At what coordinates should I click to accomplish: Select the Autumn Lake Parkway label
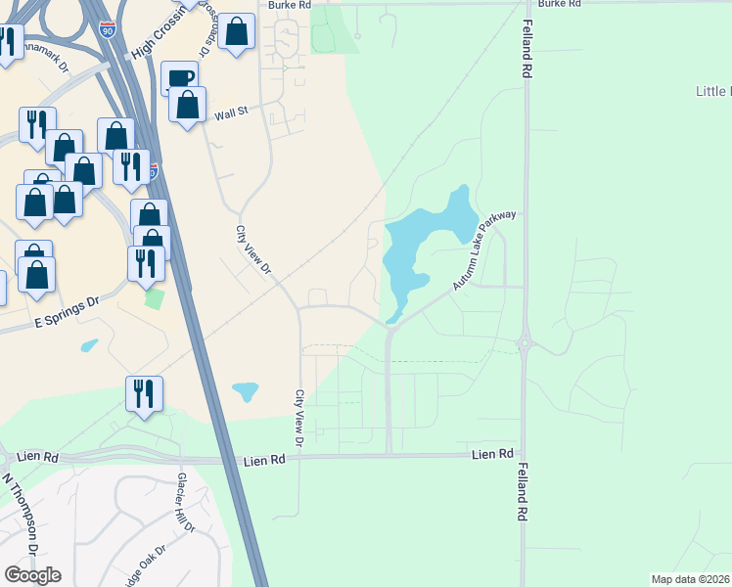click(x=483, y=250)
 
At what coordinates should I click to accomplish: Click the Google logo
click(x=32, y=574)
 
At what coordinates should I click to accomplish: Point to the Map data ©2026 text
click(x=691, y=579)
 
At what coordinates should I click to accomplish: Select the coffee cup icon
click(x=180, y=78)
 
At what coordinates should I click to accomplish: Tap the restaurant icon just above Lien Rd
click(x=145, y=393)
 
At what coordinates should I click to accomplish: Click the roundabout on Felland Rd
click(x=525, y=343)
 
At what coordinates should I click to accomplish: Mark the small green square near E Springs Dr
click(x=154, y=297)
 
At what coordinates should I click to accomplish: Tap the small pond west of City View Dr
click(x=245, y=392)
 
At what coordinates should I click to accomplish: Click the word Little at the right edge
click(x=712, y=92)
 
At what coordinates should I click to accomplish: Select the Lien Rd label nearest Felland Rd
click(x=492, y=455)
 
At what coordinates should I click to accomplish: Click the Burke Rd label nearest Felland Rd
click(x=560, y=4)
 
